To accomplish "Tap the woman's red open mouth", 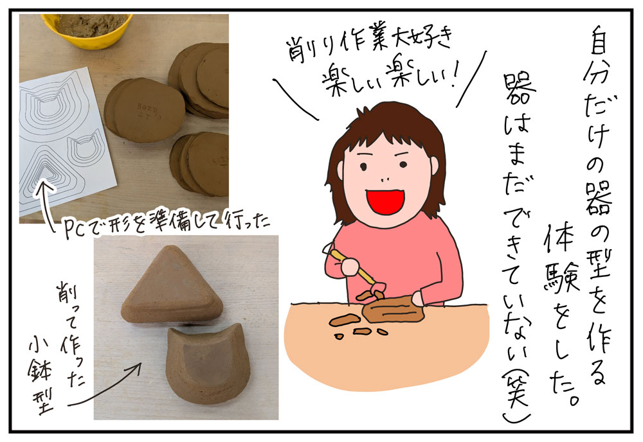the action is tap(385, 201).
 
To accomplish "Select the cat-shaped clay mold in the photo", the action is tap(207, 362).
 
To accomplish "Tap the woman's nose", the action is tap(385, 179).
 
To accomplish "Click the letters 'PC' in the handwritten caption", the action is tap(75, 229).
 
